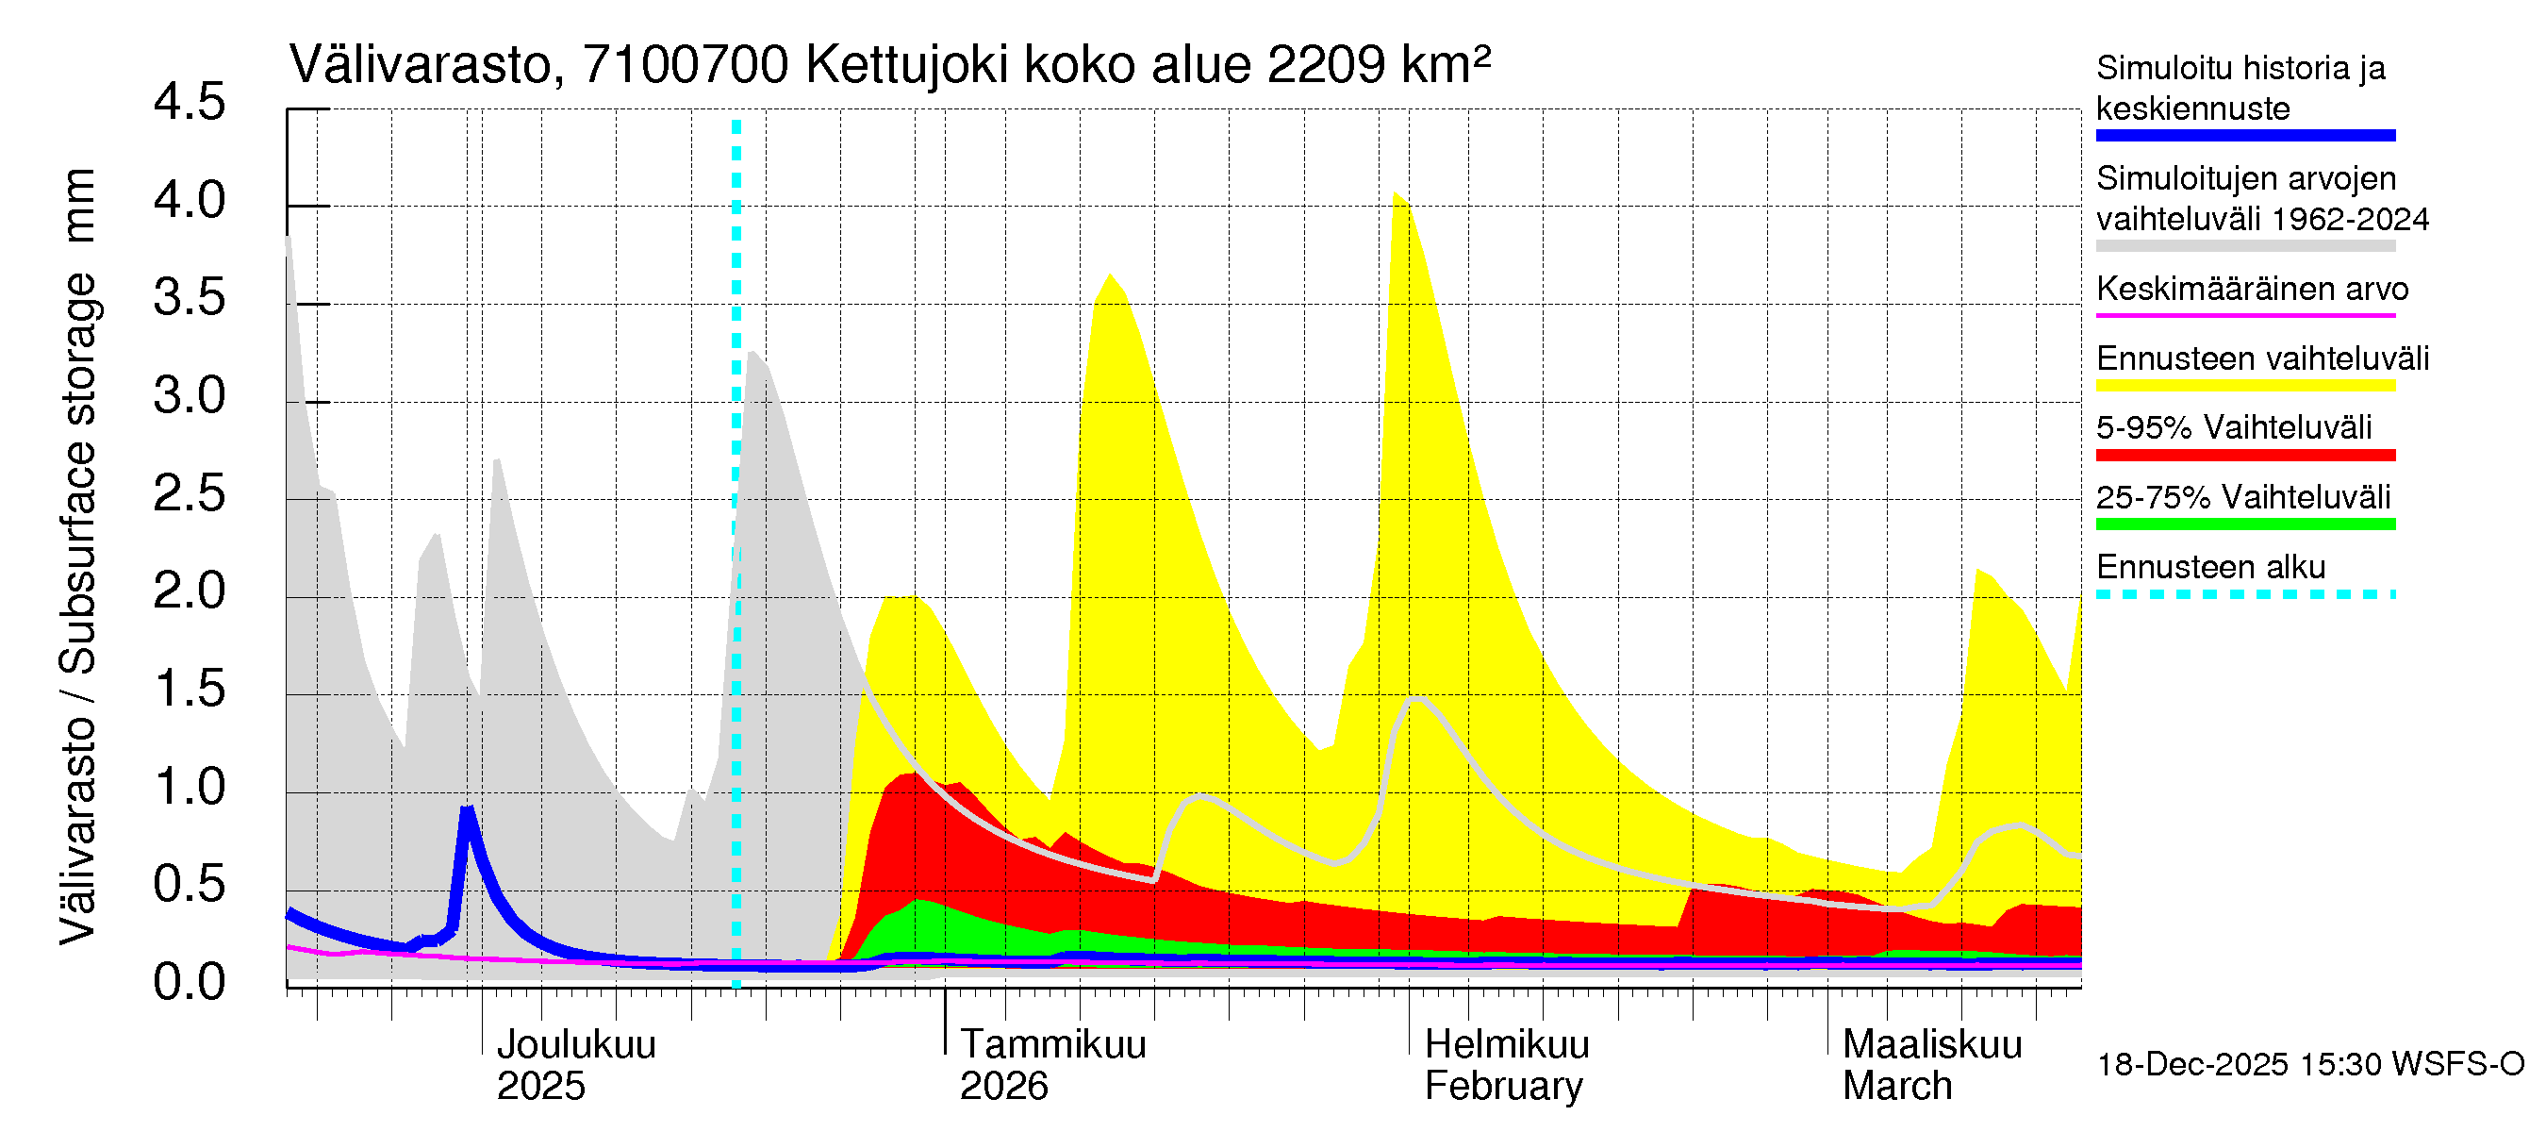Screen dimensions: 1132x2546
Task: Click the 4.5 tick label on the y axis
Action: point(189,104)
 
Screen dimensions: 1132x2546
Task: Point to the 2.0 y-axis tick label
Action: point(189,592)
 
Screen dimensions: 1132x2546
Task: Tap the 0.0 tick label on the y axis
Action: point(189,983)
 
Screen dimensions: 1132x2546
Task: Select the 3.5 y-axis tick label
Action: point(189,299)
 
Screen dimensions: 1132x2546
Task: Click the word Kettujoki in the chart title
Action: point(907,66)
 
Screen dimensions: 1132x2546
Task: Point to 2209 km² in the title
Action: point(1378,66)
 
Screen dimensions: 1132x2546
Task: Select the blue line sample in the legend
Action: point(2244,136)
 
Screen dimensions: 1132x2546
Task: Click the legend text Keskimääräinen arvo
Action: point(2252,290)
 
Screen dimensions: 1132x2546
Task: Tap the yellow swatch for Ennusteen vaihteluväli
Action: point(2244,386)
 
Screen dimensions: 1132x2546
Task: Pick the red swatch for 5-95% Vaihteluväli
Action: point(2244,455)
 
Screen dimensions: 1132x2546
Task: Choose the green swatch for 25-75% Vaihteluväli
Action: point(2244,524)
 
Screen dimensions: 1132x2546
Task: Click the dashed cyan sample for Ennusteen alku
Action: point(2244,594)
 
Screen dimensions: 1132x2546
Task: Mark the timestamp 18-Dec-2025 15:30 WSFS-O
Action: point(2309,1065)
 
